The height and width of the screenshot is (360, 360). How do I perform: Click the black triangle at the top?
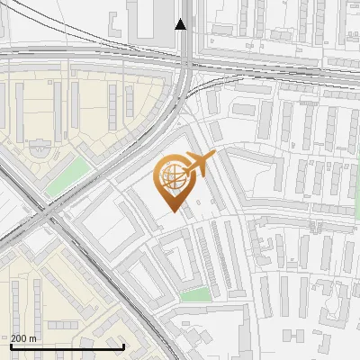coord(181,23)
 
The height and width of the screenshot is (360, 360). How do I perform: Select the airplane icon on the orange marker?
coord(199,163)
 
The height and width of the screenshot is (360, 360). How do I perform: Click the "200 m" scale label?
coord(23,338)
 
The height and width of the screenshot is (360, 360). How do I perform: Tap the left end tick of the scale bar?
coord(11,346)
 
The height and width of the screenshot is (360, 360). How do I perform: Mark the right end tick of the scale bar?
coord(123,346)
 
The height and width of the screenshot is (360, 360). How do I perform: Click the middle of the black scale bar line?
coord(67,346)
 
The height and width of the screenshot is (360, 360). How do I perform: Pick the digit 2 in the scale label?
coord(14,338)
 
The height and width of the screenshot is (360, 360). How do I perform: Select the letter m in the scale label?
coord(33,339)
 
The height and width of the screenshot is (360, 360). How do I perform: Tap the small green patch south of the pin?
coord(195,295)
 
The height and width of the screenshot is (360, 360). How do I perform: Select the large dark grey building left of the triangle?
coord(154,19)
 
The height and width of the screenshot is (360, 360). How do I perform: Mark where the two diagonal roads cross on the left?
coord(45,216)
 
